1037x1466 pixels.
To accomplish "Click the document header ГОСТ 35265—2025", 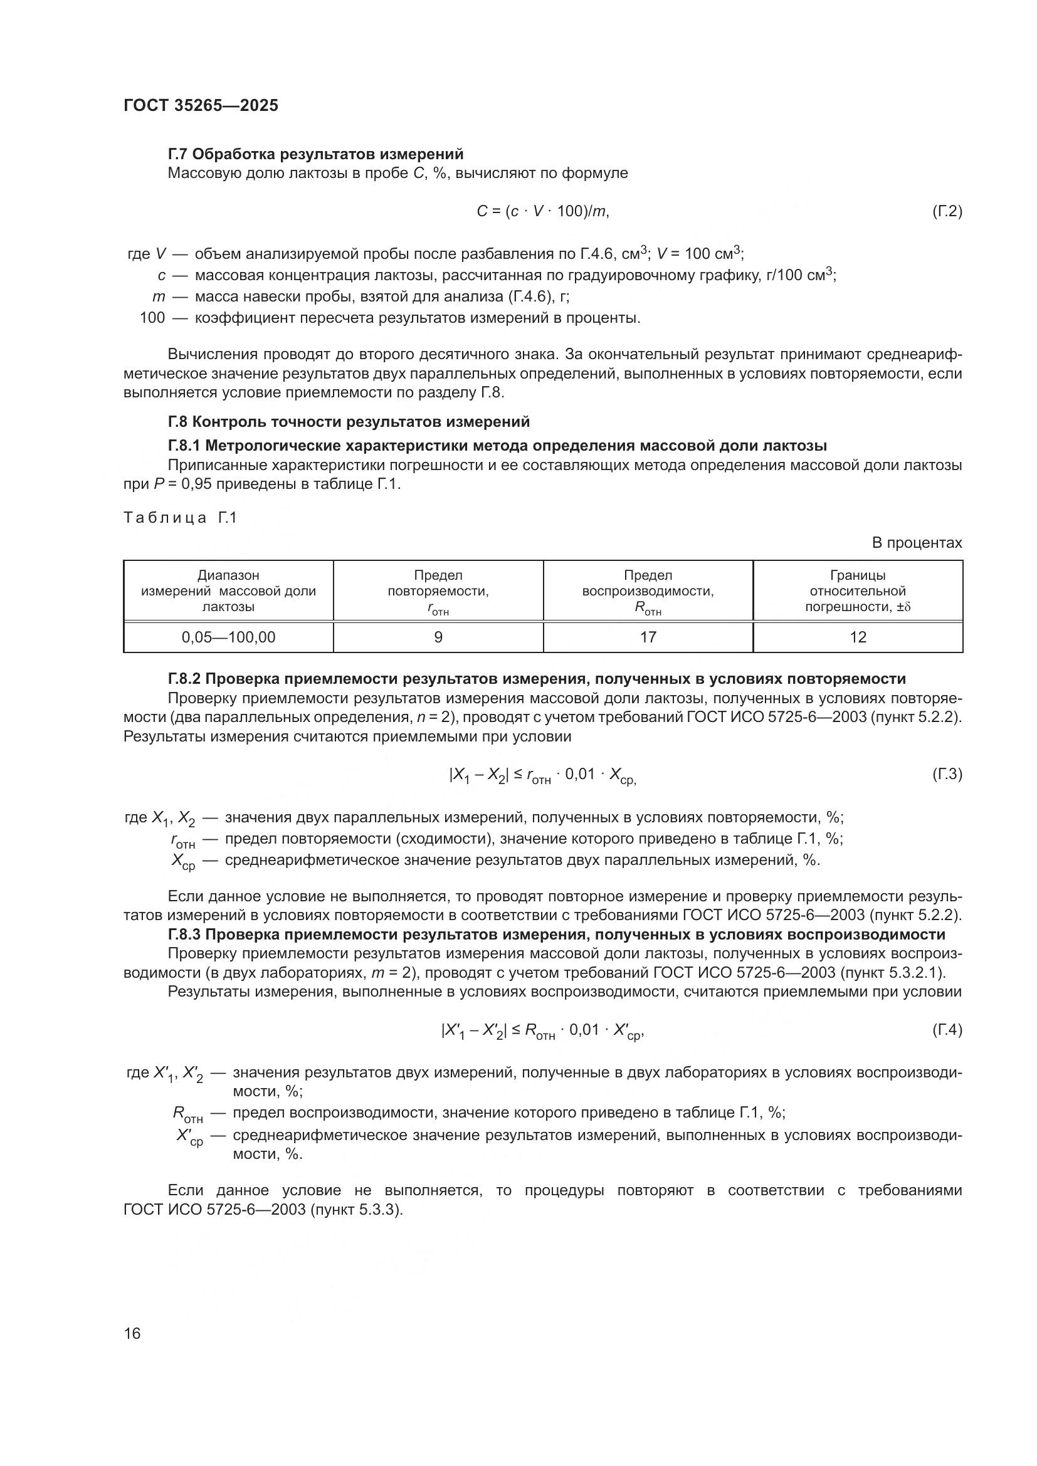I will tap(201, 106).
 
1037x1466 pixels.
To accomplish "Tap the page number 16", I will tap(132, 1333).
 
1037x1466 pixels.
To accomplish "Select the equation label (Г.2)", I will tap(946, 211).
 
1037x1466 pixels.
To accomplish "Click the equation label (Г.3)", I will tap(946, 775).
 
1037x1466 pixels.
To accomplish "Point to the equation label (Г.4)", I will tap(946, 1030).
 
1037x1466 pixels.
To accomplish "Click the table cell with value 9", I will tap(438, 637).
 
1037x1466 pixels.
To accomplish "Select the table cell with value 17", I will tap(648, 637).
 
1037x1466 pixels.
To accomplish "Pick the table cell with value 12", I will tap(858, 637).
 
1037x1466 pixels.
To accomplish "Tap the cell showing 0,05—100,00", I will tap(229, 637).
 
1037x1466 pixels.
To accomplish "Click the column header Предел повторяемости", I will tap(438, 591).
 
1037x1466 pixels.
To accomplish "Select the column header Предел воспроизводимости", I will tap(648, 591).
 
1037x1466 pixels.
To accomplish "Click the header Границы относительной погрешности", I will tap(858, 591).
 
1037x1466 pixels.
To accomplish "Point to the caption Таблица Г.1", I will tap(180, 518).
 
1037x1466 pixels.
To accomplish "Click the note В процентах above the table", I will tap(917, 543).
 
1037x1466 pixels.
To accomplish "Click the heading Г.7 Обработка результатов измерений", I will tap(315, 154).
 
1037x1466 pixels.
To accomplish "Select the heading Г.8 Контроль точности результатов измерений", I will tap(349, 422).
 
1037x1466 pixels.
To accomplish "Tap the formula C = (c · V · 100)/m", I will tap(543, 211).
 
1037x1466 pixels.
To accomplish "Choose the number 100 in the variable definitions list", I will tap(152, 318).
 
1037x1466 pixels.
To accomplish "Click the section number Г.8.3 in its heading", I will tap(185, 935).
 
